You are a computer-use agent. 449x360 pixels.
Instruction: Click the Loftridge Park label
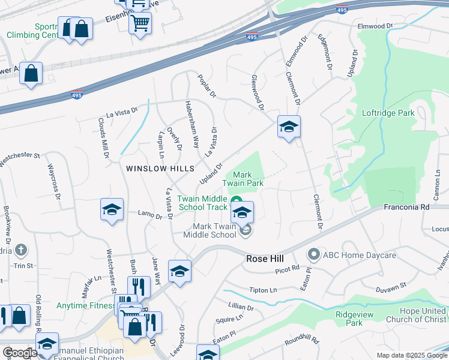coord(388,113)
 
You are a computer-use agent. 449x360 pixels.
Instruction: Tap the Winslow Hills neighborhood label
coord(160,169)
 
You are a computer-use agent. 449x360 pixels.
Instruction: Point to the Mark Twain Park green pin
coord(236,201)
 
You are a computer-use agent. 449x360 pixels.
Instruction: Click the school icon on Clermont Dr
coord(289,127)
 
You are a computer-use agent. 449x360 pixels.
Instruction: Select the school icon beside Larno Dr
coord(112,211)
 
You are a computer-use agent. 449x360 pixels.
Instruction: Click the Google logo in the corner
coord(20,353)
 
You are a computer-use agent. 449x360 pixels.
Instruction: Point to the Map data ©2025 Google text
coord(412,355)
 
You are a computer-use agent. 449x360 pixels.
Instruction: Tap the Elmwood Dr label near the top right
coord(375,26)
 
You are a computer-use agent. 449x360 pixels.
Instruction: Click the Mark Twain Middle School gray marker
coord(244,230)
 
